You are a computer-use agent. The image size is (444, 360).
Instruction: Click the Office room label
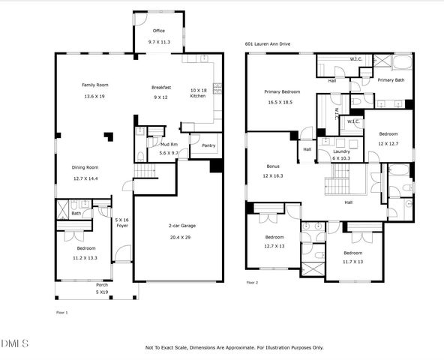click(158, 31)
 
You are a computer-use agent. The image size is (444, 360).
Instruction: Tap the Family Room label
click(95, 85)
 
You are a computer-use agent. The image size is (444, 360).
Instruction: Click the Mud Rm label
click(169, 144)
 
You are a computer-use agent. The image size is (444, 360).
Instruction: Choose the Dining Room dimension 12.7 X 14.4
click(85, 178)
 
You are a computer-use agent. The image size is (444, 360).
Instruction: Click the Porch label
click(101, 285)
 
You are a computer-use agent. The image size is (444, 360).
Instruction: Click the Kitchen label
click(197, 96)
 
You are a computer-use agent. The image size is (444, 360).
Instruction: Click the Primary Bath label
click(391, 79)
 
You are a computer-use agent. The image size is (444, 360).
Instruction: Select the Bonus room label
click(273, 166)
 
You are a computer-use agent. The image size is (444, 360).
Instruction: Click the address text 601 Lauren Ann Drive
click(268, 44)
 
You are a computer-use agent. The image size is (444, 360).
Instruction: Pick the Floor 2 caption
click(252, 283)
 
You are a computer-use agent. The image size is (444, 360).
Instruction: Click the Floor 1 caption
click(61, 311)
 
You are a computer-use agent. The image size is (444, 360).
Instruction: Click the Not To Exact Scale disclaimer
click(234, 347)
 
